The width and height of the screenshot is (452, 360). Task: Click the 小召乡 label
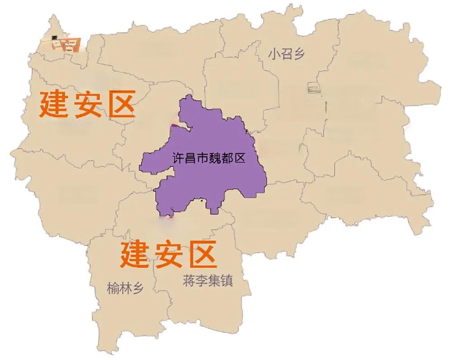287,55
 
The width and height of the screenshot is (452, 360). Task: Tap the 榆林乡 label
125,288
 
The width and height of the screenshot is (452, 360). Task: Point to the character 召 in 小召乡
287,55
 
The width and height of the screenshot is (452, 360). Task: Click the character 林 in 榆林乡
125,288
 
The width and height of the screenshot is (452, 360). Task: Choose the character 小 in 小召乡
274,55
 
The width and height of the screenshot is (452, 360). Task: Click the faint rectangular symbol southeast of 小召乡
314,88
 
